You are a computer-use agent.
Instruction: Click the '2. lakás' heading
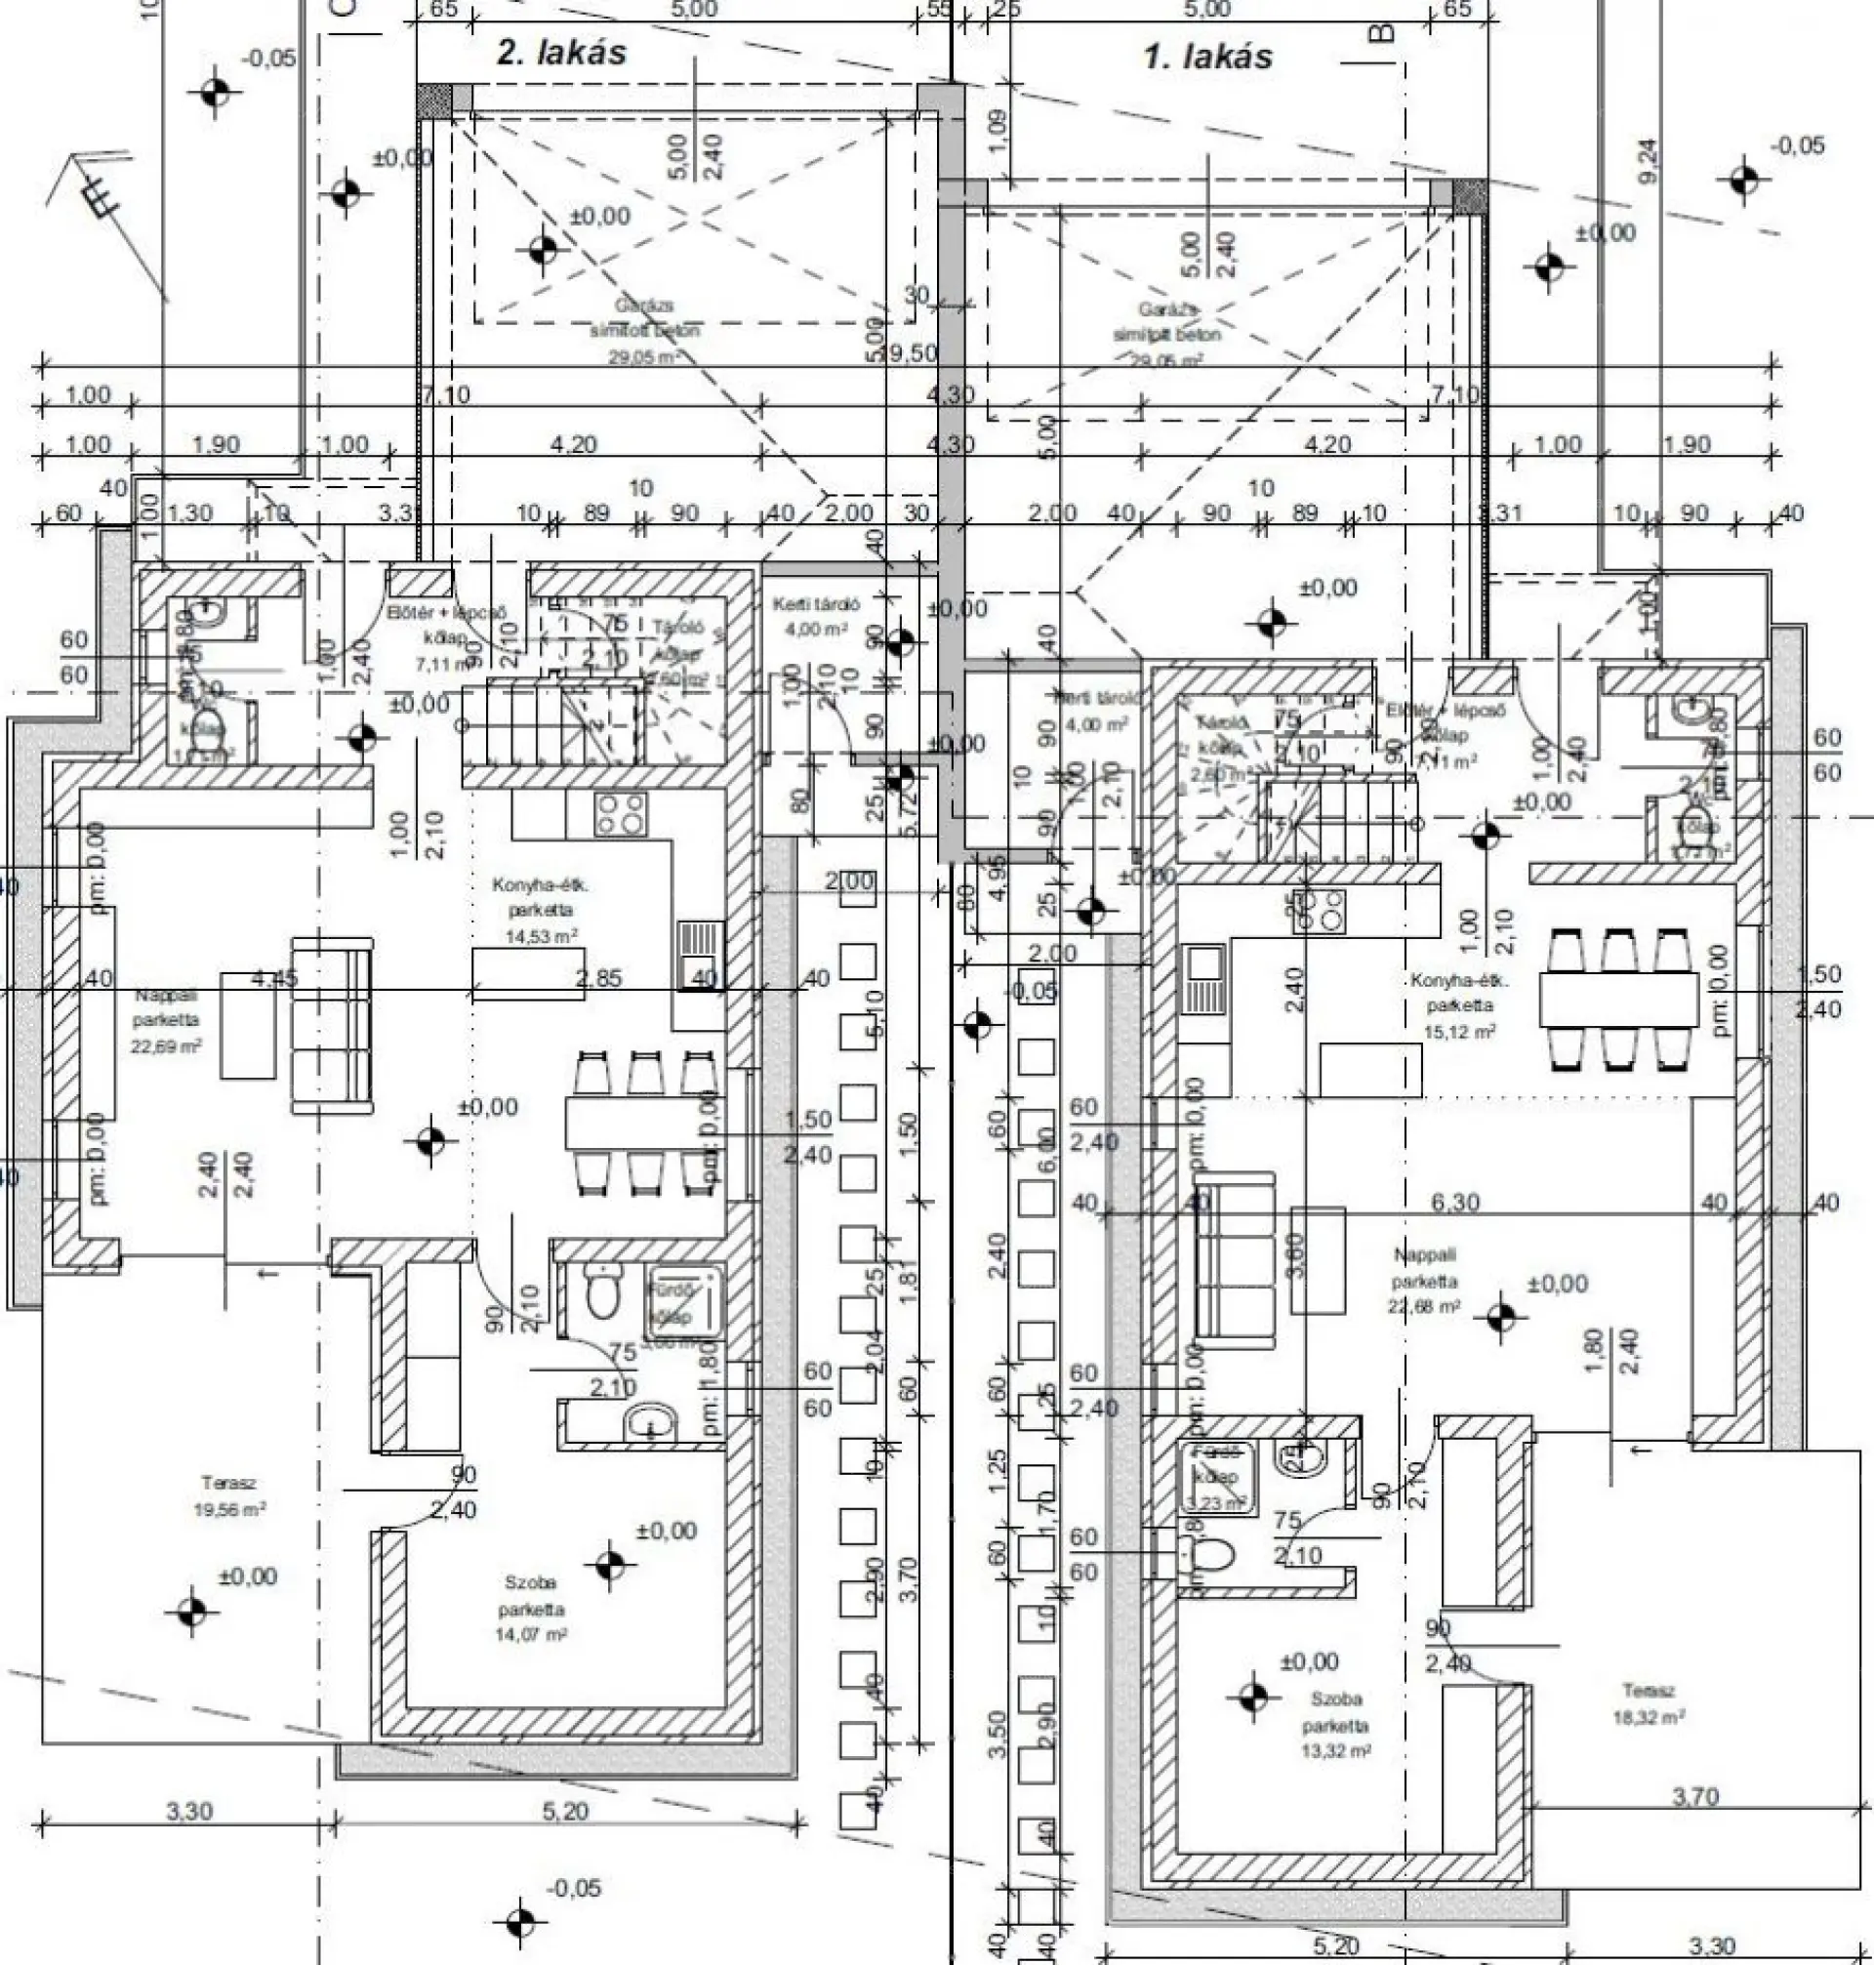(x=561, y=53)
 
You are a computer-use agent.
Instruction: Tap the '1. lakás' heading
(x=1207, y=57)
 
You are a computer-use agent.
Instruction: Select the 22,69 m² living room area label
(x=167, y=1045)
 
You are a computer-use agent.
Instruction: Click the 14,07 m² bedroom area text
(x=531, y=1635)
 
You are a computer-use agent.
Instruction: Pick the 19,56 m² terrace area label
(x=229, y=1510)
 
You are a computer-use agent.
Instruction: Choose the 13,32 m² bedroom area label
(x=1335, y=1751)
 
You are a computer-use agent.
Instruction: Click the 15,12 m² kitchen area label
(x=1459, y=1032)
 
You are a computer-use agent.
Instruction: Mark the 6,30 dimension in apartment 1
(x=1454, y=1202)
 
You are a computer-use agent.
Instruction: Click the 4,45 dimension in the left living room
(x=273, y=978)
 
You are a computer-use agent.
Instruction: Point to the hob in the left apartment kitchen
(x=621, y=813)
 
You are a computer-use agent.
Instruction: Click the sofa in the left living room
(x=332, y=1025)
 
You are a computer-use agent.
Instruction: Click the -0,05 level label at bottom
(x=574, y=1889)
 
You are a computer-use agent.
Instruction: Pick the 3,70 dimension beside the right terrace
(x=1695, y=1796)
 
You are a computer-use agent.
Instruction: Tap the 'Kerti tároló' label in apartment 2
(x=816, y=604)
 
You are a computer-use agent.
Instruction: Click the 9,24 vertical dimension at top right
(x=1648, y=160)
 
